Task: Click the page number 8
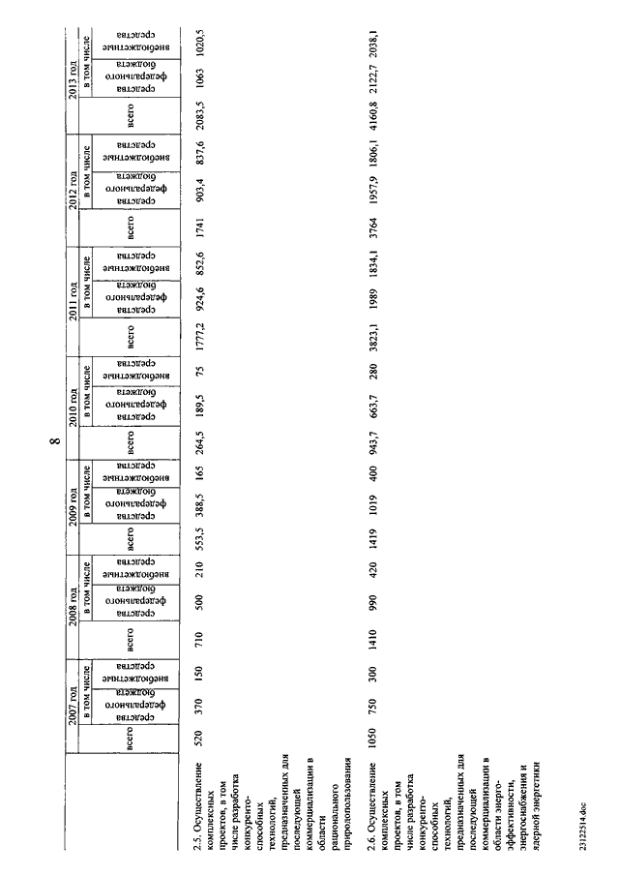click(x=57, y=444)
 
